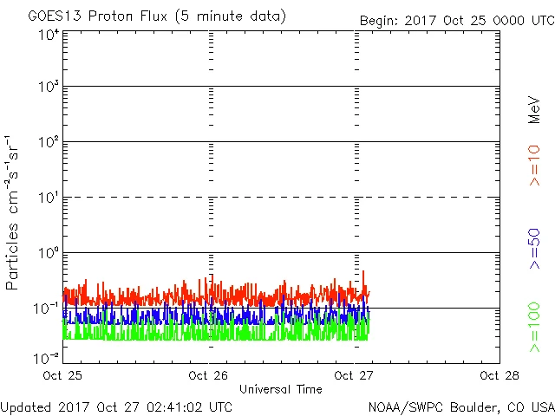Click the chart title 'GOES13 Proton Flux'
click(113, 16)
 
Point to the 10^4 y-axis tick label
click(48, 36)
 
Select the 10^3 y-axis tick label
click(48, 88)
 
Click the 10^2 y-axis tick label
click(48, 143)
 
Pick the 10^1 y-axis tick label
click(48, 198)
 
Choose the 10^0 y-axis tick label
click(48, 254)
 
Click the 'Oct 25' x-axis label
click(63, 375)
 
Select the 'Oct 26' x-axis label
click(209, 375)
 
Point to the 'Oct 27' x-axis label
click(355, 375)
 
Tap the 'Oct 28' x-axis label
click(499, 375)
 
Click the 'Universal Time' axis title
click(281, 389)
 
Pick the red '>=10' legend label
click(534, 166)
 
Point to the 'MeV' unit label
click(534, 110)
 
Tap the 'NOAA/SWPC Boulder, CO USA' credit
click(461, 406)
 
